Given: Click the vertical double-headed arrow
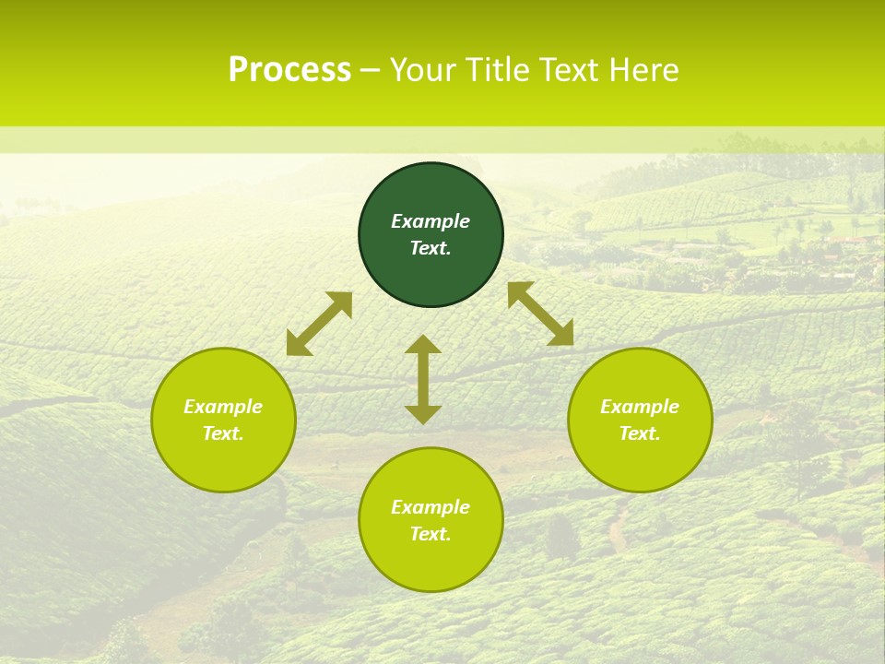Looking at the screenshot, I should (423, 379).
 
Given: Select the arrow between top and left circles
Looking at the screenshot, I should (319, 323).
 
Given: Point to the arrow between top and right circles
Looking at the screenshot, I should (540, 314).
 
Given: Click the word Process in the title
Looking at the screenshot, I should (289, 69).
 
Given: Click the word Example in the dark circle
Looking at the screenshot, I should (431, 221).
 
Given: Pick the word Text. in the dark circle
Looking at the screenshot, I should (431, 248).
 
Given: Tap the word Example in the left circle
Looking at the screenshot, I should (223, 407).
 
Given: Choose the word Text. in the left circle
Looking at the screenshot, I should (223, 433).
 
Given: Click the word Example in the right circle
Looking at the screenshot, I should (640, 407).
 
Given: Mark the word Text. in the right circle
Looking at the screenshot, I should (640, 433).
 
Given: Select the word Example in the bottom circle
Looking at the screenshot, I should (431, 507).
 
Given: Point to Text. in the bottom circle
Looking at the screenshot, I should (431, 534).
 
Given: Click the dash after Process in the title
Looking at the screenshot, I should (370, 70).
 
